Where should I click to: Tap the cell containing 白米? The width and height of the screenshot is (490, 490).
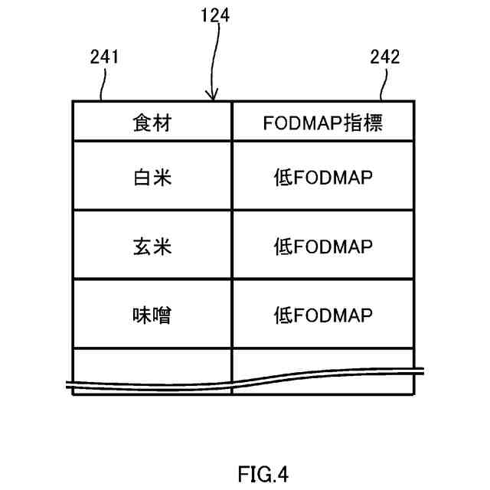click(151, 178)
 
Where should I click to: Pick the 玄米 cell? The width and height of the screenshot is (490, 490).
click(151, 247)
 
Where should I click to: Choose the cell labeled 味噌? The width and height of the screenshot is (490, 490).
click(151, 315)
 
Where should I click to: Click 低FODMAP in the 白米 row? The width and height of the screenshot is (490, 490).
click(323, 178)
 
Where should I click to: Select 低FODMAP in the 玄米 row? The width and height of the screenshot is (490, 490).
click(323, 247)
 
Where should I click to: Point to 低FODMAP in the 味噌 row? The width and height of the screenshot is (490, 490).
click(323, 315)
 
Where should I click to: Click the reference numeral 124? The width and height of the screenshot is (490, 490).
click(216, 14)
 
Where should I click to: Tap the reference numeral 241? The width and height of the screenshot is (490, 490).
click(103, 56)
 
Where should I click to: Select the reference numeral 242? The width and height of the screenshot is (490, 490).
click(384, 56)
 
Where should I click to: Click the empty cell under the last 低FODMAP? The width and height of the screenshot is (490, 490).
click(323, 361)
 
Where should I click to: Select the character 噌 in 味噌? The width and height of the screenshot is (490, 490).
click(161, 315)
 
